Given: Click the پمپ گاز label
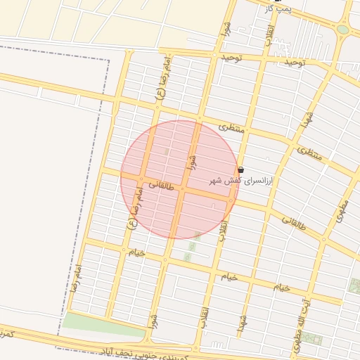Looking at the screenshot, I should point(277,8).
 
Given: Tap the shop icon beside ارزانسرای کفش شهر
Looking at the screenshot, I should point(241,170).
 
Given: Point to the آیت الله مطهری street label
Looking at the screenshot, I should point(300,324).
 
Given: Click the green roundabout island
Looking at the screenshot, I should point(342,30).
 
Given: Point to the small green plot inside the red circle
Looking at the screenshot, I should point(166,151).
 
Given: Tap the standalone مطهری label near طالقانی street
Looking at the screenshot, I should point(342,210).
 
